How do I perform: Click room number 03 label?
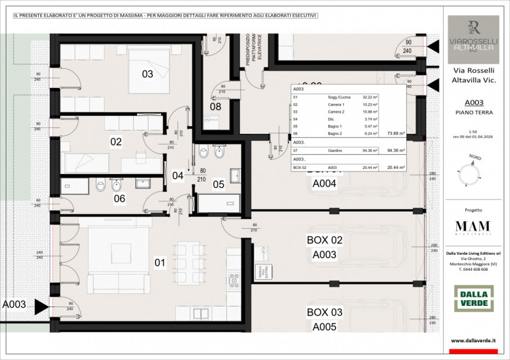tap(147, 74)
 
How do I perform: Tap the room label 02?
tap(115, 141)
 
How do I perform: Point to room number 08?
tap(215, 106)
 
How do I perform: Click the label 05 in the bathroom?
tap(219, 185)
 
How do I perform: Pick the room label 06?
tap(119, 198)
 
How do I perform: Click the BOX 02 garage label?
tap(324, 240)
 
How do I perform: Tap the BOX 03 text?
tap(324, 312)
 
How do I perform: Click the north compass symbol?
tap(472, 171)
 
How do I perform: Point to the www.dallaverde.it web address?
tap(473, 341)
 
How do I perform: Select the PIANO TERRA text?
tap(473, 112)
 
